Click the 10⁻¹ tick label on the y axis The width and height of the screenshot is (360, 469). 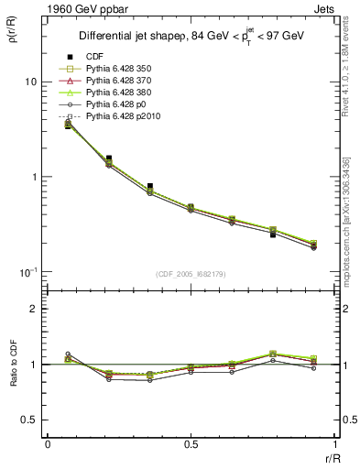pos(27,272)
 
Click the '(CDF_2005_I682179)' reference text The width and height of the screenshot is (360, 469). pos(190,275)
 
